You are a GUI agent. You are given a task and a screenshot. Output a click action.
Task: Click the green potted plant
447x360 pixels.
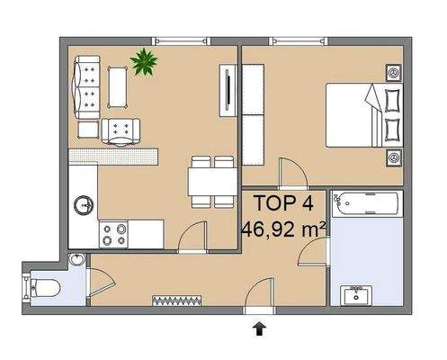(143, 62)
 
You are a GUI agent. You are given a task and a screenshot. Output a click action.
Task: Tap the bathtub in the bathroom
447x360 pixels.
(365, 206)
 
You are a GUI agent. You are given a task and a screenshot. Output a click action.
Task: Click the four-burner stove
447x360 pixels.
(114, 235)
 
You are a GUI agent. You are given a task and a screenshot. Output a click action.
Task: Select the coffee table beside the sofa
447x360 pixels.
(118, 84)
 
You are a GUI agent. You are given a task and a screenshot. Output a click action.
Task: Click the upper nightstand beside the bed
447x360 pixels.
(393, 71)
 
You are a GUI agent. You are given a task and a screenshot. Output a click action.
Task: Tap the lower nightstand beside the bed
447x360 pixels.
(393, 157)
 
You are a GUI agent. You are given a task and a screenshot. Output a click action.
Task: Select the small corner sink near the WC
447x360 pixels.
(77, 262)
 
